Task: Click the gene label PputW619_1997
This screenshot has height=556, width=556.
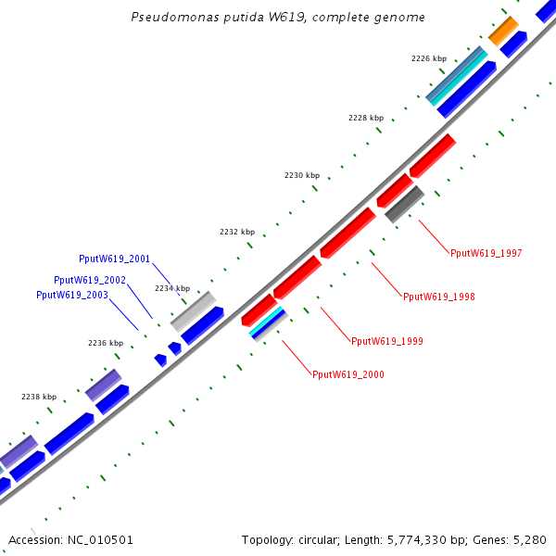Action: (x=486, y=253)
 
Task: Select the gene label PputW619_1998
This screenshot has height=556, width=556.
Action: (x=439, y=297)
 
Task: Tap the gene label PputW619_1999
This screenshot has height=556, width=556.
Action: (x=387, y=341)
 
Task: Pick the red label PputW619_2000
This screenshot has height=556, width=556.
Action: (x=348, y=374)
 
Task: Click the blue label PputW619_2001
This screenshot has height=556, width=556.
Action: (x=115, y=259)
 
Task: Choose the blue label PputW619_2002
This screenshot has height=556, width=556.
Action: (x=90, y=280)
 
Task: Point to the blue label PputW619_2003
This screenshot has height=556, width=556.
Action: (x=72, y=295)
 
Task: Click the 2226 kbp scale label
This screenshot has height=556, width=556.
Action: (x=427, y=58)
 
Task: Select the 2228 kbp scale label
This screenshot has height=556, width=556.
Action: (x=365, y=118)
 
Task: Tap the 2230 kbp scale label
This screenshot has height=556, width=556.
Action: (x=302, y=175)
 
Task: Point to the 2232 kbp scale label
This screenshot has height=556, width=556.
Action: (x=236, y=232)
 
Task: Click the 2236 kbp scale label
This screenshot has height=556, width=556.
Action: (x=106, y=343)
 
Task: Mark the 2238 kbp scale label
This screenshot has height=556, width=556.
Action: (x=39, y=397)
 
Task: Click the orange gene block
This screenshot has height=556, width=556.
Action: (x=503, y=31)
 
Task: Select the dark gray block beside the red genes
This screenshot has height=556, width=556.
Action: (x=404, y=204)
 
